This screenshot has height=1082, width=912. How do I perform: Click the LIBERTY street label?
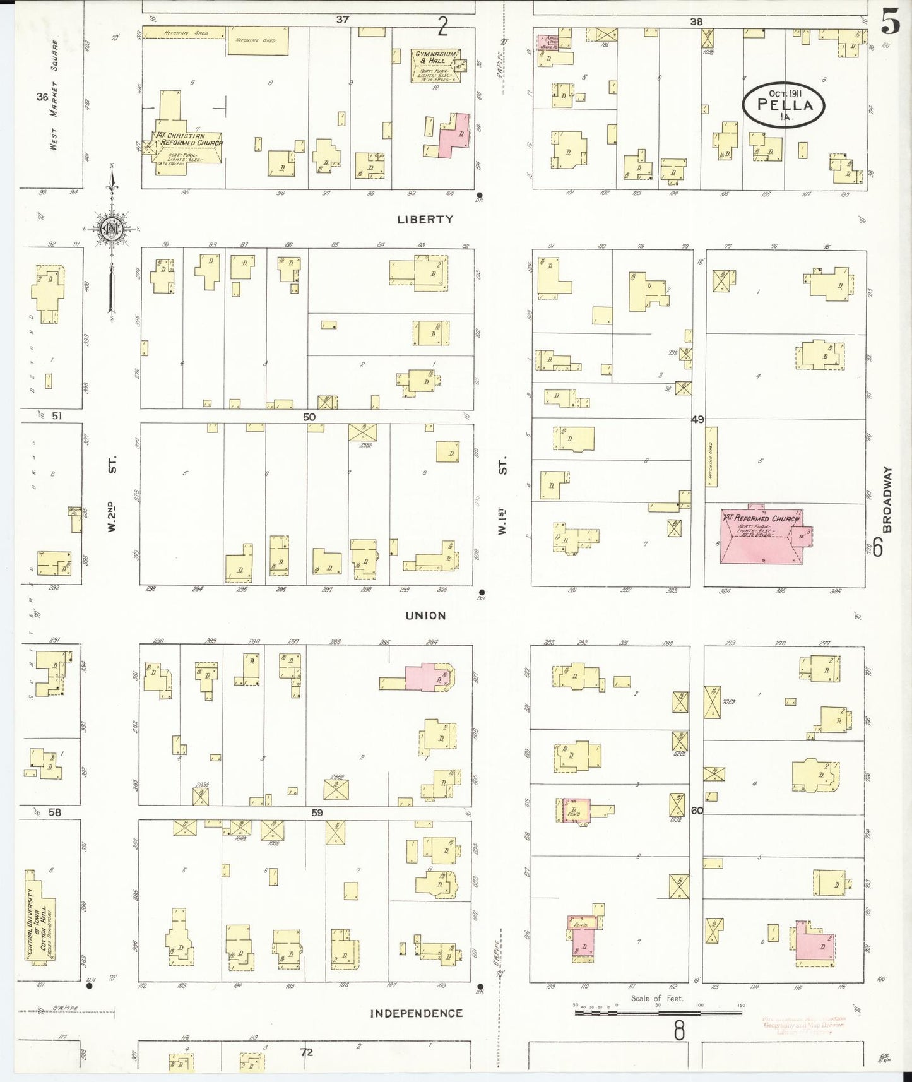[425, 220]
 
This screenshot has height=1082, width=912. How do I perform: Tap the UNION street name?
[425, 615]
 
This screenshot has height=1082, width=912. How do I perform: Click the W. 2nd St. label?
[112, 495]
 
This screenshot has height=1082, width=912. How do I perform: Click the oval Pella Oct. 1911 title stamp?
[783, 105]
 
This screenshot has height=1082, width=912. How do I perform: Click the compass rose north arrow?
[111, 230]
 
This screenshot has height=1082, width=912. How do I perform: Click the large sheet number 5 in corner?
[890, 23]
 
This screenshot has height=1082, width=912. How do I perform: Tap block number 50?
[309, 417]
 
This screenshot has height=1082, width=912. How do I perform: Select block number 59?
[317, 812]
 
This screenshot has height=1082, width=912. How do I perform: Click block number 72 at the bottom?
[307, 1052]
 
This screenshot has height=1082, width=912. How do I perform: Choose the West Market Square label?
[56, 95]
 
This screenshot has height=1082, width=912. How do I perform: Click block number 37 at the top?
[342, 20]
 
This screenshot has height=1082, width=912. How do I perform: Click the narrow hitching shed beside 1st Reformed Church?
[711, 465]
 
